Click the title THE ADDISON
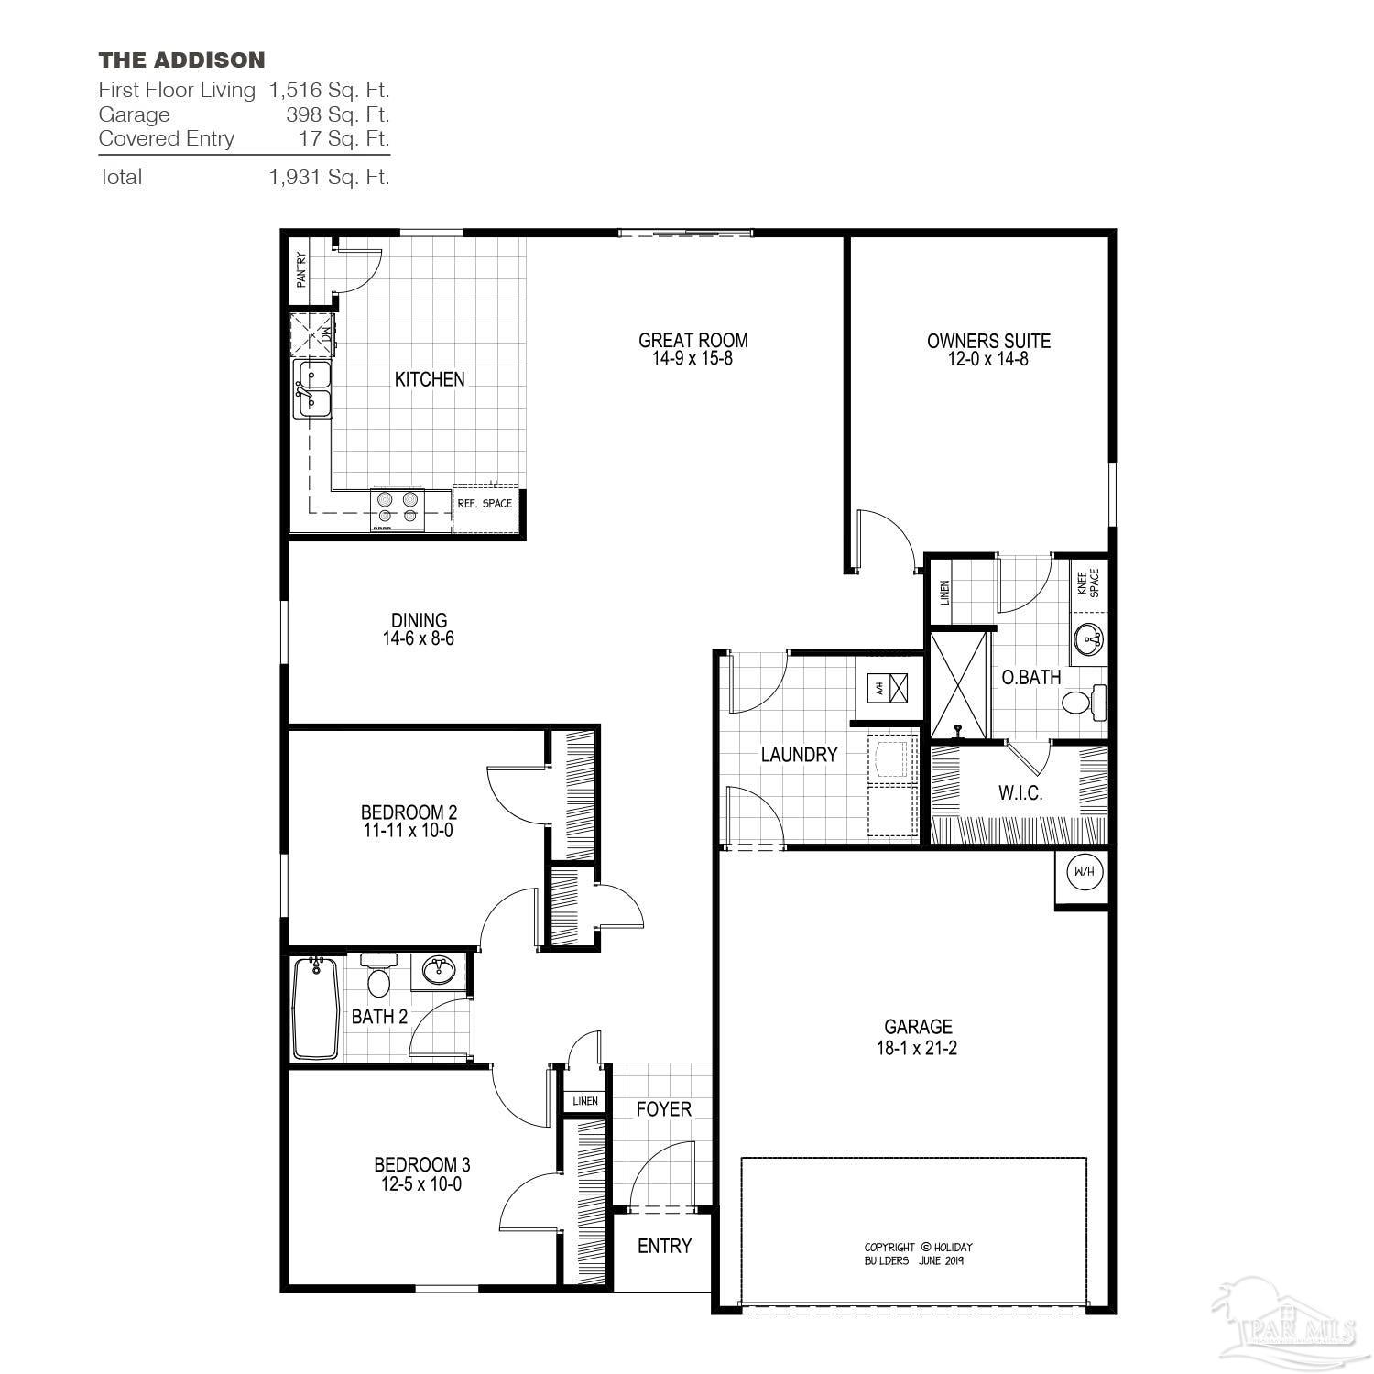coord(181,60)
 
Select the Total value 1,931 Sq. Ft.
coord(329,177)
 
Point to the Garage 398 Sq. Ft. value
coord(337,114)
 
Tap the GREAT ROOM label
coord(692,340)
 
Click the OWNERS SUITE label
coord(988,341)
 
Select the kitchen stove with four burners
coord(398,509)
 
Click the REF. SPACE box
coord(485,504)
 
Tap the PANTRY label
coord(301,270)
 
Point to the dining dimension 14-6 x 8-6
coord(419,638)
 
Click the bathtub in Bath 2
coord(315,1008)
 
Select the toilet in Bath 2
coord(377,976)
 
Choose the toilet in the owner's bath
coord(1085,703)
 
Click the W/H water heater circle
coord(1083,871)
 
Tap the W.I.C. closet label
coord(1020,793)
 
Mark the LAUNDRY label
coord(799,755)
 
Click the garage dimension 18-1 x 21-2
coord(917,1049)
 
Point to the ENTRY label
coord(664,1246)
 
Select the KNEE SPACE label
coord(1087,583)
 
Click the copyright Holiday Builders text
coord(917,1254)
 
